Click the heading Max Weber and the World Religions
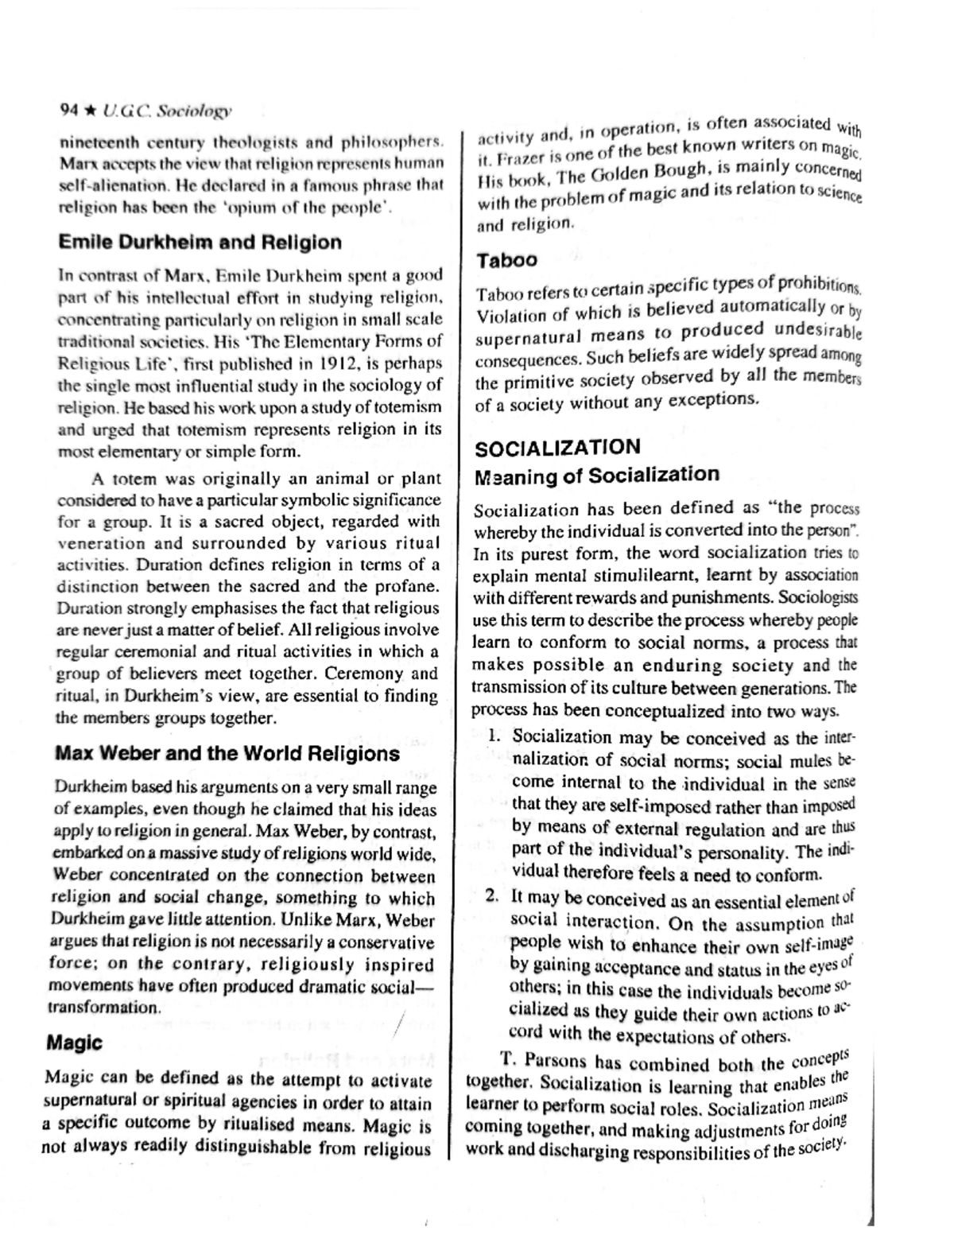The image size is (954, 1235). (x=227, y=753)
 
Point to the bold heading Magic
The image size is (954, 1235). (x=75, y=1042)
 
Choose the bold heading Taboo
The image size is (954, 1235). (x=506, y=260)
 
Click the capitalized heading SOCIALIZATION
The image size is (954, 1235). (x=557, y=448)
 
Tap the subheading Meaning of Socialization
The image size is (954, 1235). (x=597, y=476)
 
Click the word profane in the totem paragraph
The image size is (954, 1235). (x=407, y=587)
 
